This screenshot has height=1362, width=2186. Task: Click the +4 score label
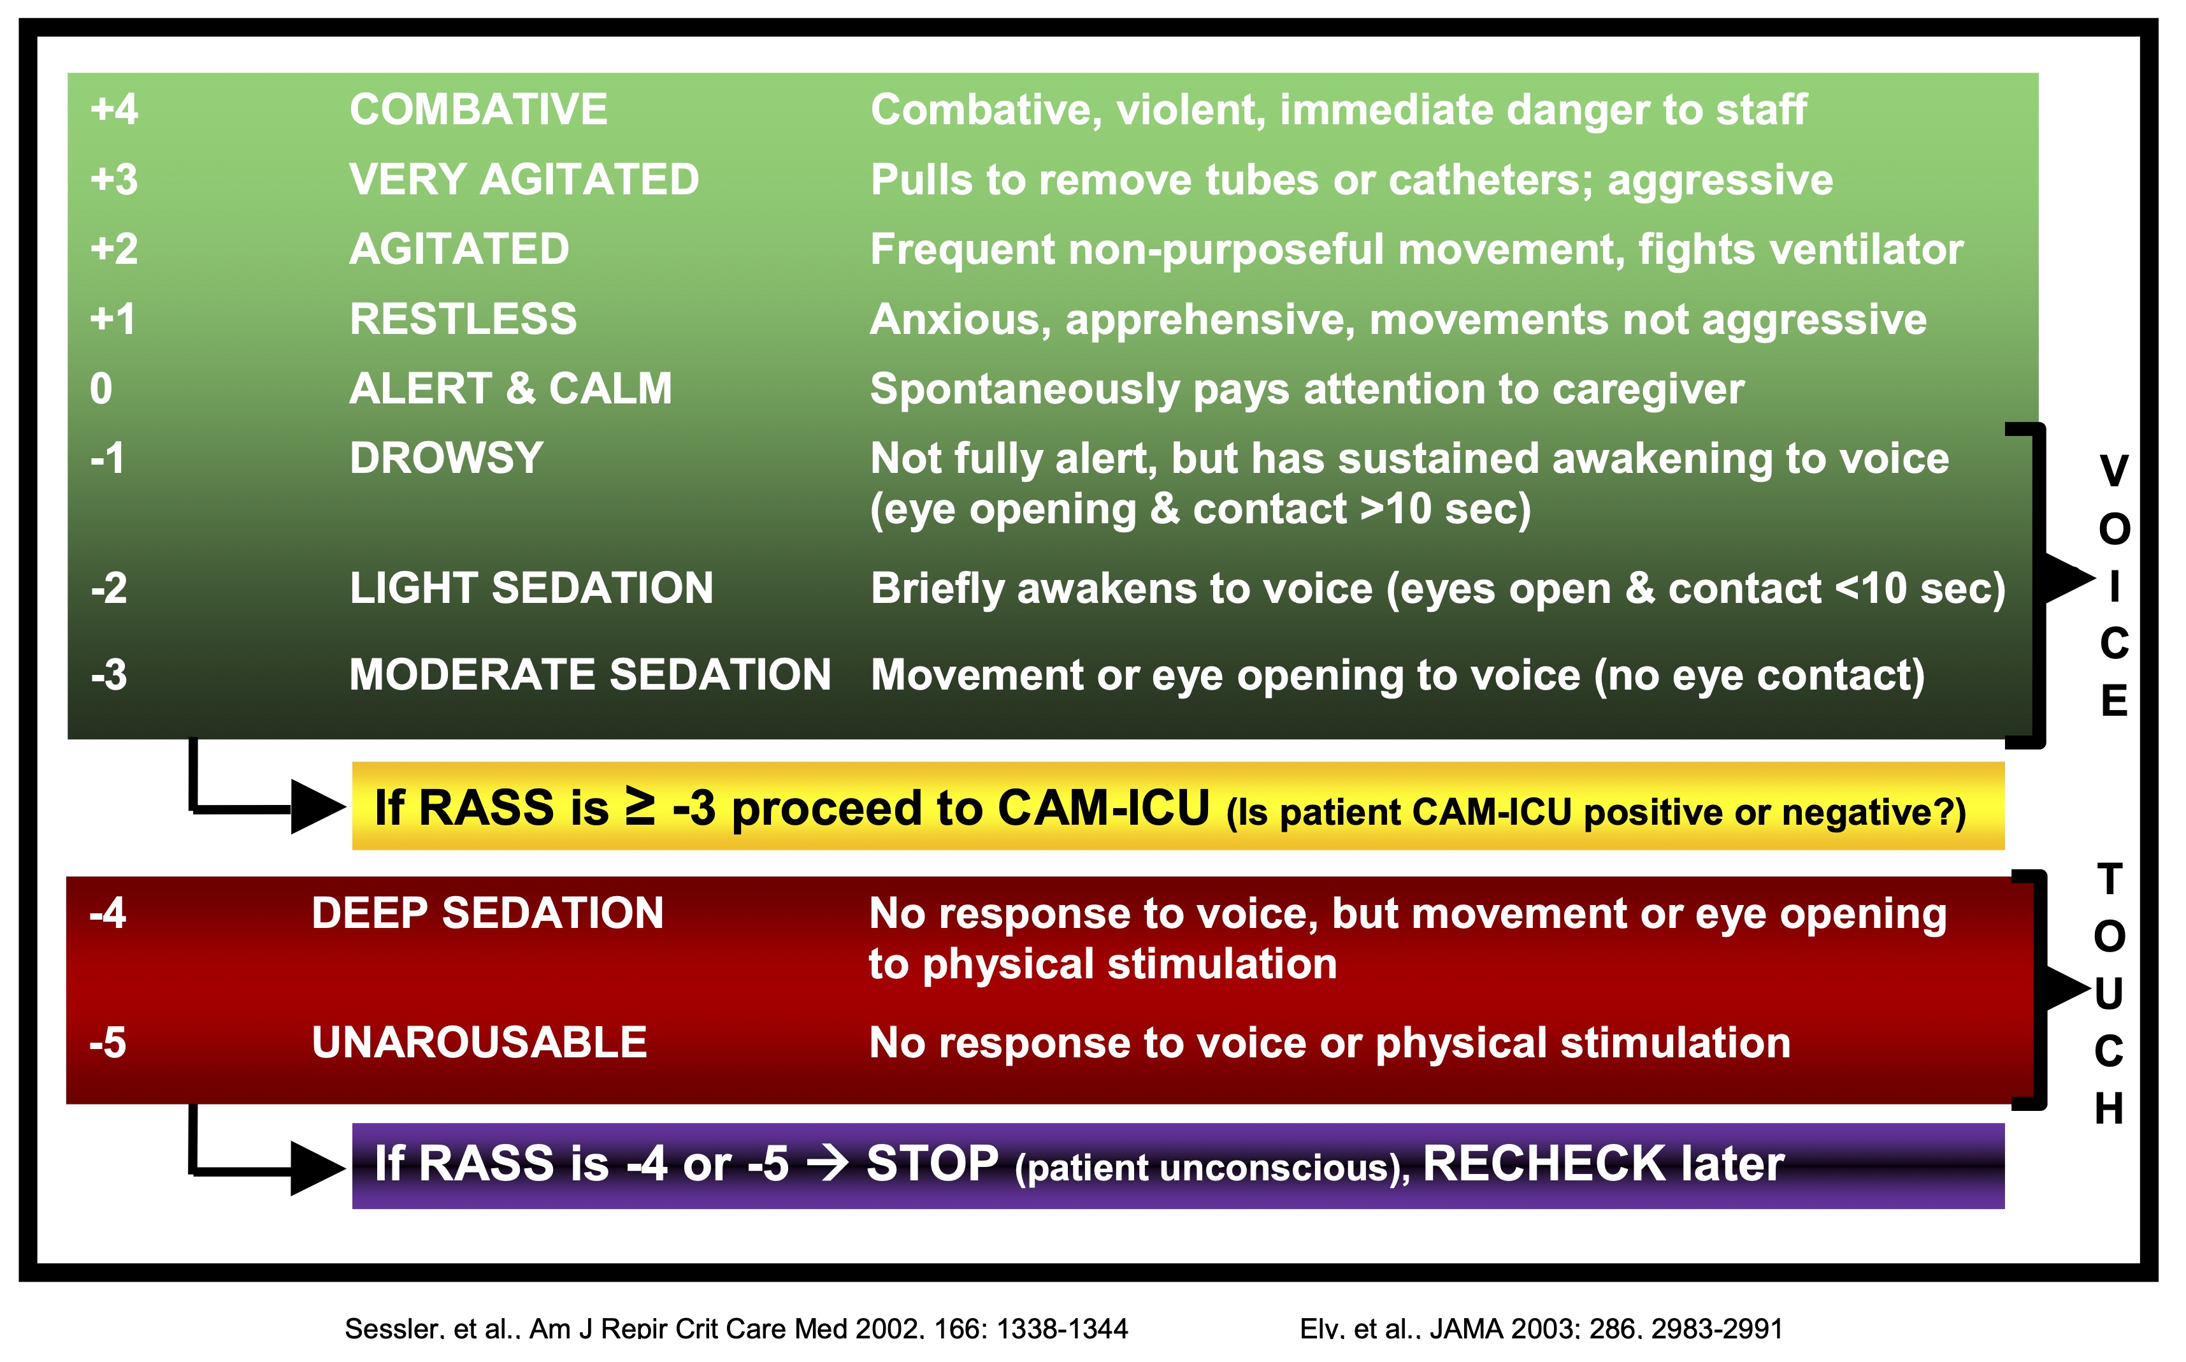pos(114,109)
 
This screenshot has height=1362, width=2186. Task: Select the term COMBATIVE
pos(478,109)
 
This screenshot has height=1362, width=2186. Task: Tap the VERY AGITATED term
pos(524,179)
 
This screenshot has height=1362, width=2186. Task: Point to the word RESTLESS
pos(463,319)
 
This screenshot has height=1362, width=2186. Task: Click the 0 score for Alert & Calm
pos(101,388)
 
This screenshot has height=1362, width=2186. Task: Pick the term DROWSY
pos(447,458)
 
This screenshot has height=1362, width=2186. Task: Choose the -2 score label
pos(109,588)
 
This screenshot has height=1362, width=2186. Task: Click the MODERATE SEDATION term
pos(590,675)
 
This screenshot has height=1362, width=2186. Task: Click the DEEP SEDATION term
pos(487,913)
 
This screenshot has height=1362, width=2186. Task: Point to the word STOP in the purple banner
pos(932,1163)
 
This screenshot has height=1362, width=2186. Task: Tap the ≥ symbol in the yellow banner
pos(640,807)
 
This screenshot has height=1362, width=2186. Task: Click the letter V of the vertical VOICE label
pos(2114,471)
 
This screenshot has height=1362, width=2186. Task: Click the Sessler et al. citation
pos(736,1328)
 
